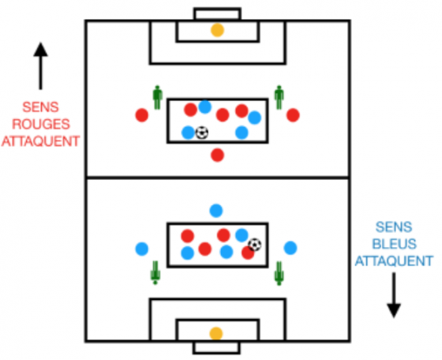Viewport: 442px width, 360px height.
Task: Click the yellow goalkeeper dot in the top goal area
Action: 217,30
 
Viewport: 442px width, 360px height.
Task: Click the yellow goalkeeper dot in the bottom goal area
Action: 216,334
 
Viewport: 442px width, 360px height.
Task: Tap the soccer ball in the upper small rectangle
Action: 202,133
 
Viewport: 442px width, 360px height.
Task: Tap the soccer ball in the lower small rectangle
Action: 255,245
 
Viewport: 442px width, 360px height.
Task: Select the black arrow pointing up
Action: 40,66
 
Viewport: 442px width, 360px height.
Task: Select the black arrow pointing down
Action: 394,295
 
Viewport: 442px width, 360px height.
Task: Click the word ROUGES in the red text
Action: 41,124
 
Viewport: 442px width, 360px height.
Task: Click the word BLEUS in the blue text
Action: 394,244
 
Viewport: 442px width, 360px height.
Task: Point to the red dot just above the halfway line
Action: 217,155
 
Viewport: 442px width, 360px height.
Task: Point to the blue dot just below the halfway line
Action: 216,211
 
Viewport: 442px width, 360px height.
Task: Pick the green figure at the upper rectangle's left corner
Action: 157,98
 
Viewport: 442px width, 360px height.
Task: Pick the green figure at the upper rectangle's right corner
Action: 279,98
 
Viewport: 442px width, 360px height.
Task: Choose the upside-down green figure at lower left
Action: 155,273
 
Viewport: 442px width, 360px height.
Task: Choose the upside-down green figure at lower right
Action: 279,273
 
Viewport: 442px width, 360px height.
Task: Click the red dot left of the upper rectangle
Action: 142,115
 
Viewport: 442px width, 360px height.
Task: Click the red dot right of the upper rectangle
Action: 293,115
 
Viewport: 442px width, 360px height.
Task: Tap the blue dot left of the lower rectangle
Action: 142,249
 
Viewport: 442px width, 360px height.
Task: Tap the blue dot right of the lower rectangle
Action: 290,248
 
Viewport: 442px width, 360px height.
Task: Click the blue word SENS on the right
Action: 394,227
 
